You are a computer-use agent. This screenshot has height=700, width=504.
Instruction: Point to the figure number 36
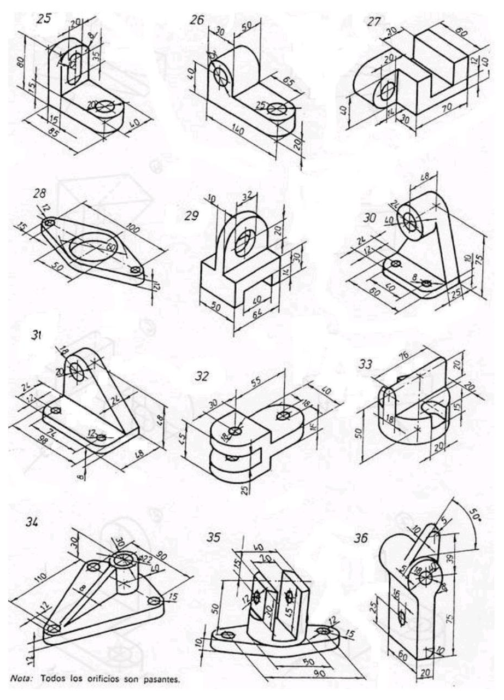376,538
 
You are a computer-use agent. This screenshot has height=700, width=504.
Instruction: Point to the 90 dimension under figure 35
317,673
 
